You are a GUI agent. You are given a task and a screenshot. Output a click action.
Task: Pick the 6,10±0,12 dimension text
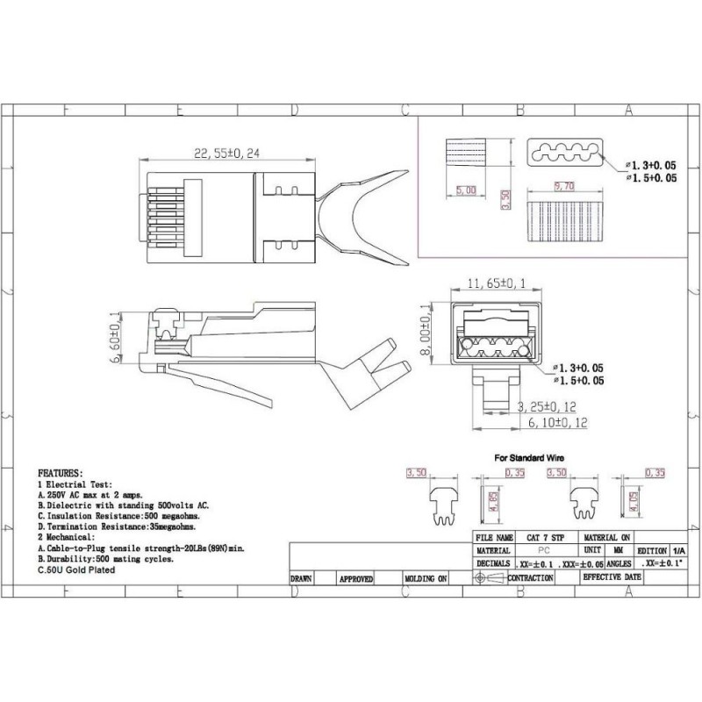click(558, 422)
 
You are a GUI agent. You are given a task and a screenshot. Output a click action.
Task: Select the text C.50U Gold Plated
click(76, 569)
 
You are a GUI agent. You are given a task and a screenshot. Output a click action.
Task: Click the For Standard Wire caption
click(529, 458)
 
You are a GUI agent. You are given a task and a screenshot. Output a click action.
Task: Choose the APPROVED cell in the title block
click(356, 579)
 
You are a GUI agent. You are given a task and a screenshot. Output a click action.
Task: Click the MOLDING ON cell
click(426, 579)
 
